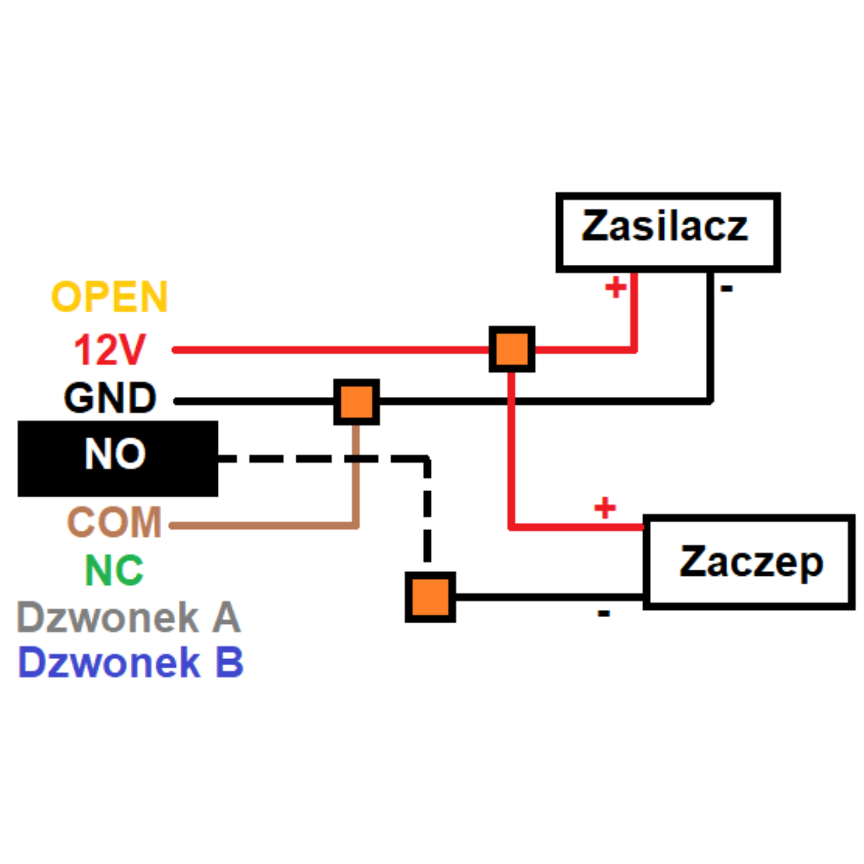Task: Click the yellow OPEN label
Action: point(109,296)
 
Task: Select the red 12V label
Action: point(110,349)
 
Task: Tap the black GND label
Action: point(110,397)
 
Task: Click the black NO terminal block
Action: point(118,459)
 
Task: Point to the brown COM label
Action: point(114,521)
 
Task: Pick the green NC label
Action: point(114,570)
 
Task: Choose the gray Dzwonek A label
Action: point(129,617)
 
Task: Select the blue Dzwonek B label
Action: point(130,662)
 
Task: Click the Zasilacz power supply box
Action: point(668,233)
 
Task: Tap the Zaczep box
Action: point(749,562)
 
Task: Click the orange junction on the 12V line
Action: point(512,349)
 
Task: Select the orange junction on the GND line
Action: point(357,402)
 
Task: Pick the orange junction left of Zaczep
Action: point(430,597)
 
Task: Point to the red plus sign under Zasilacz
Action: point(616,287)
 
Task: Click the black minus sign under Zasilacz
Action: point(726,289)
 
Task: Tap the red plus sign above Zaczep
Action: point(605,507)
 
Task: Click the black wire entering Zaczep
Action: point(549,597)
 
